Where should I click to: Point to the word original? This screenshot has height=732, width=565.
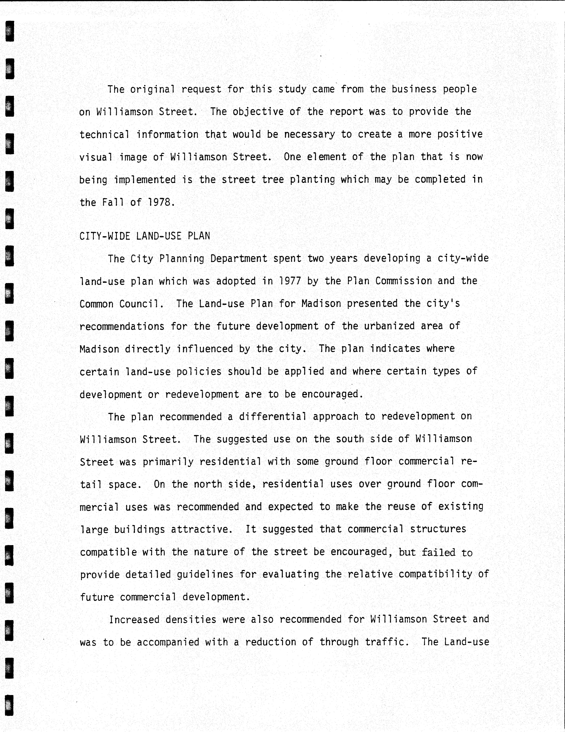pyautogui.click(x=152, y=90)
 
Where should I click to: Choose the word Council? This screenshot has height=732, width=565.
pyautogui.click(x=141, y=304)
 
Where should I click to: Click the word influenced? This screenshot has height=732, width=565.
pyautogui.click(x=205, y=349)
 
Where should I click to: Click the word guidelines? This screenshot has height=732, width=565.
pyautogui.click(x=205, y=574)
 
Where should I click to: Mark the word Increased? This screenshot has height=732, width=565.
pyautogui.click(x=134, y=619)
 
